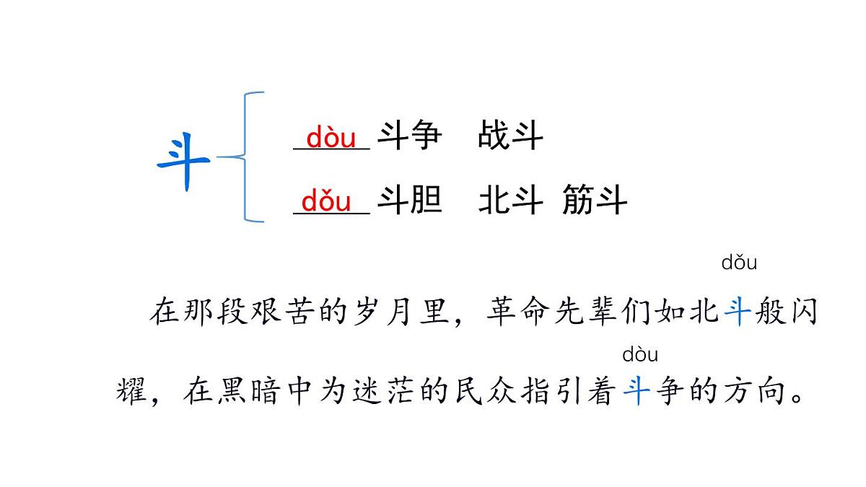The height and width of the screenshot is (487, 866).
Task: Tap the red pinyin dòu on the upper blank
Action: point(331,137)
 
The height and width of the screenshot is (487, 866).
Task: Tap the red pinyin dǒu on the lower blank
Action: point(326,201)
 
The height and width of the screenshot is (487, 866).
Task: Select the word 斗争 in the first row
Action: point(410,136)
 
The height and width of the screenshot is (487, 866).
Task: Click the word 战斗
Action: point(510,136)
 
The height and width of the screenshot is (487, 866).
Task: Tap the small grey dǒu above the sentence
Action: point(739,263)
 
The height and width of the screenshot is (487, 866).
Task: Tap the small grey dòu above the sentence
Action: point(640,355)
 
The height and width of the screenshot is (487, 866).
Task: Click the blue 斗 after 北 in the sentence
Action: point(737,313)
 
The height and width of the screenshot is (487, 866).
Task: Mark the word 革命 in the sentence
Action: point(518,313)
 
